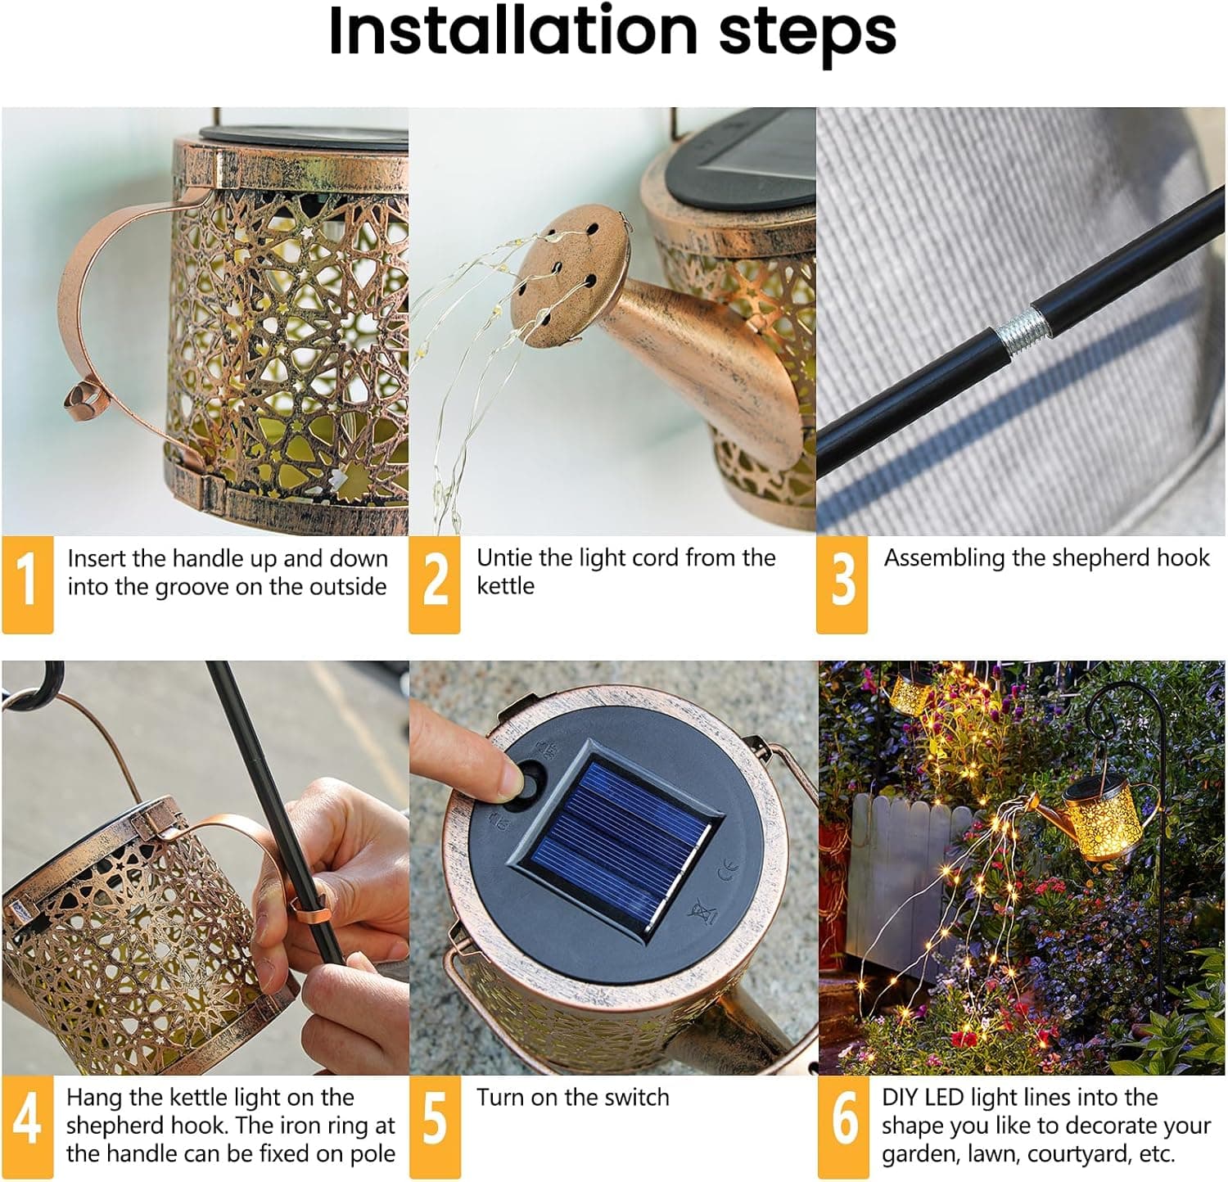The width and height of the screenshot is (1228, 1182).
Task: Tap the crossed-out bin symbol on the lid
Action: tap(701, 910)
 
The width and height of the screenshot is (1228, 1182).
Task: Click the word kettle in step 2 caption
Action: tap(505, 586)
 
